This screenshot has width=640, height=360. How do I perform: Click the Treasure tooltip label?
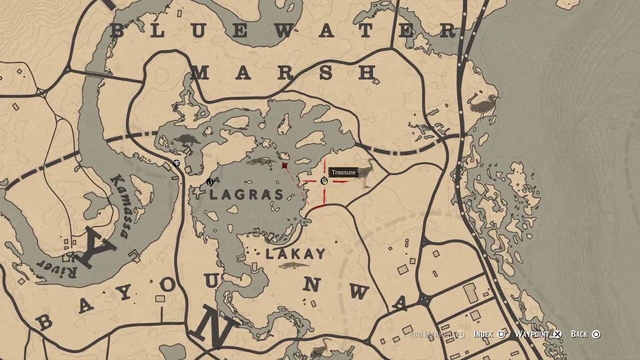[x=343, y=172]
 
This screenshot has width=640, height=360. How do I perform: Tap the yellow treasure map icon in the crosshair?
[x=324, y=181]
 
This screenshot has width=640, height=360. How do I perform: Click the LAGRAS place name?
[x=246, y=195]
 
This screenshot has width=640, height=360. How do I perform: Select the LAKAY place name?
[x=295, y=254]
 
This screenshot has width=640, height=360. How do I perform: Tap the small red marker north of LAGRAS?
[x=284, y=165]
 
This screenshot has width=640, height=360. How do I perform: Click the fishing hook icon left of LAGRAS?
[x=209, y=181]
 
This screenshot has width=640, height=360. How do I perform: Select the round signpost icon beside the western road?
[x=176, y=163]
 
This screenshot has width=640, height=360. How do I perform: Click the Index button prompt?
[x=488, y=334]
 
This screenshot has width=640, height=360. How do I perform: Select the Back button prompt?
[x=585, y=334]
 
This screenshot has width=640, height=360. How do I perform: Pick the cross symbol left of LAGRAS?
[x=199, y=194]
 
